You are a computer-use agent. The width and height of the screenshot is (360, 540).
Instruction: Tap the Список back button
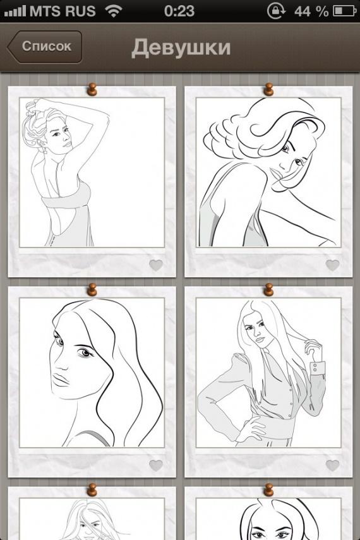tap(45, 47)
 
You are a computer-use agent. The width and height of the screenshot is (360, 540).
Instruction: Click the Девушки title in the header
tap(181, 47)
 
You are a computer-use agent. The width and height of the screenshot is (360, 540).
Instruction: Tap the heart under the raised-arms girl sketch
tap(156, 265)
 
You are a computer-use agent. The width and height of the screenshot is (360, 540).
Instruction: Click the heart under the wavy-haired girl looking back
tap(332, 265)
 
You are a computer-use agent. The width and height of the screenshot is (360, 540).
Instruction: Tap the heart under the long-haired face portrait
tap(156, 465)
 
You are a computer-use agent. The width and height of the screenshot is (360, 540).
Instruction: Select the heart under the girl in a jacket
tap(332, 465)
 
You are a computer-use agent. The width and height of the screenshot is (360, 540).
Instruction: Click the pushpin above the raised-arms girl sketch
tap(92, 89)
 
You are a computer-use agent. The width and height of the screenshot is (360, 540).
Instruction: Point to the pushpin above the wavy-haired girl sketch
tap(268, 89)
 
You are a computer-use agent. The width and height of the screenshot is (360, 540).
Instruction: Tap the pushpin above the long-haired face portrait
tap(92, 290)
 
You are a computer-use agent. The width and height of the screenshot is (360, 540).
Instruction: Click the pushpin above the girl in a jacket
tap(268, 290)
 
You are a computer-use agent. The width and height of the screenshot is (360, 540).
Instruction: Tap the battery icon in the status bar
tap(344, 11)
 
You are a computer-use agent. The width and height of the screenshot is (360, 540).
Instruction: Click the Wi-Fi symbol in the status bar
tap(114, 11)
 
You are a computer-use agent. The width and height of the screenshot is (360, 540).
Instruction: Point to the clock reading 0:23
tap(179, 11)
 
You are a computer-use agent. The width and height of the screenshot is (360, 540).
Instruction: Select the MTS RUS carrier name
tap(63, 11)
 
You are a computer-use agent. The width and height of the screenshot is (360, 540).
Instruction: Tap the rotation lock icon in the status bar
tap(276, 11)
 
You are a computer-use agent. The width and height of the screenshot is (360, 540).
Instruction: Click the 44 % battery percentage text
tap(311, 11)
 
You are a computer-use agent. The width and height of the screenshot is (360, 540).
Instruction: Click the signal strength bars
tap(15, 12)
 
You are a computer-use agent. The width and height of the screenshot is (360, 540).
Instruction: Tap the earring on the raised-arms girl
tap(45, 150)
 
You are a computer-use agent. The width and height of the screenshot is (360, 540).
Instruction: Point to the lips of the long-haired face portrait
tap(61, 380)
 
